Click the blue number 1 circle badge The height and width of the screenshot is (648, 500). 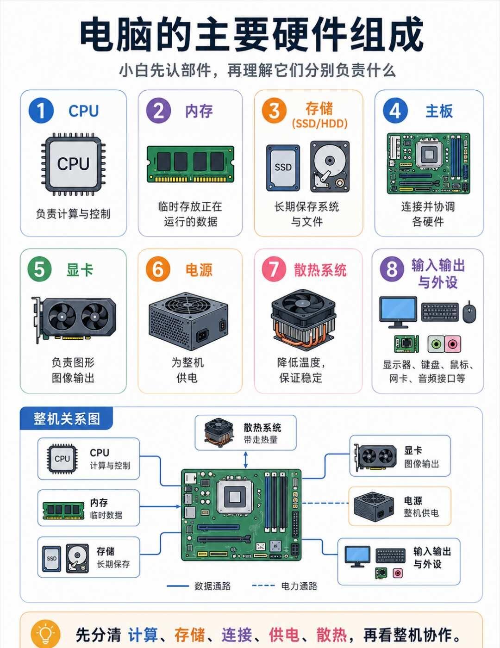click(x=41, y=111)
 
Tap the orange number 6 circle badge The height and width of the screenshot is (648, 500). click(x=158, y=269)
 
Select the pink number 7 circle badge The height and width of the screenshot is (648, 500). click(x=274, y=269)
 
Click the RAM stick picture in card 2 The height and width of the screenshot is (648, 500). click(x=191, y=164)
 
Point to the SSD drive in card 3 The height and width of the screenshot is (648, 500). click(x=283, y=168)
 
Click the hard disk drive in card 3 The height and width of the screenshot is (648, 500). click(x=330, y=167)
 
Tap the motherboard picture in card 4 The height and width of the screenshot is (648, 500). click(x=428, y=163)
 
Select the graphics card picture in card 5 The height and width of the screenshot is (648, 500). click(x=74, y=319)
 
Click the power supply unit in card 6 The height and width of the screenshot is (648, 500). click(x=188, y=321)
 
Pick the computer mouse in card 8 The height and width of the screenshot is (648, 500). click(x=469, y=312)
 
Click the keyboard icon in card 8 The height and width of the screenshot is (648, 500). click(x=440, y=312)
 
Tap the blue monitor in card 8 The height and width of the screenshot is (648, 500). click(x=398, y=312)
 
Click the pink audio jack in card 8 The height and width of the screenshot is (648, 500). click(x=453, y=344)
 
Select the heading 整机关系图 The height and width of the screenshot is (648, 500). click(x=67, y=419)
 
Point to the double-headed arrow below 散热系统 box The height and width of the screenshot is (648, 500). click(x=246, y=460)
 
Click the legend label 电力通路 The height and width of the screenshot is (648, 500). click(x=300, y=586)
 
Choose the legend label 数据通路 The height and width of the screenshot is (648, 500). click(x=212, y=586)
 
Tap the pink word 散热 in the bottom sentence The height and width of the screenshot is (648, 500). click(x=331, y=635)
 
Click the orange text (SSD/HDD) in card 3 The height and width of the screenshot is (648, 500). click(x=319, y=124)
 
